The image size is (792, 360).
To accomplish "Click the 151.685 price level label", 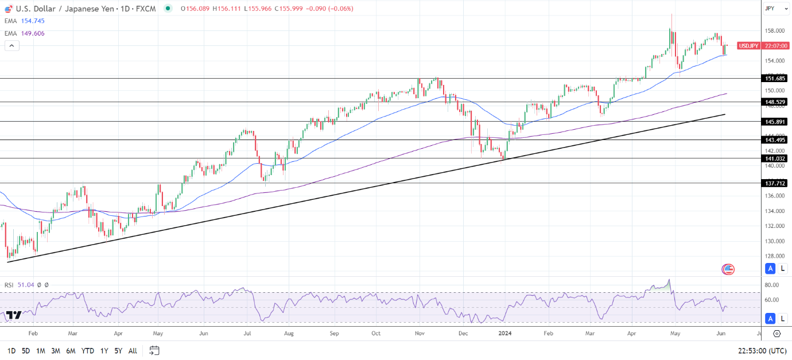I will click(x=775, y=78).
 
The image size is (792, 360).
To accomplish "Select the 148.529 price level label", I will click(x=775, y=102).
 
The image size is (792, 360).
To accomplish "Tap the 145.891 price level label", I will click(x=775, y=122).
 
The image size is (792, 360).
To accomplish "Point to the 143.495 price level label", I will click(x=775, y=140).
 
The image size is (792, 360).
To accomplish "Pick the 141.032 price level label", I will click(x=775, y=158).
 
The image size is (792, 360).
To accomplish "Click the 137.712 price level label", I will click(x=775, y=183).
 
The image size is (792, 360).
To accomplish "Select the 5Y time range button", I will click(x=118, y=351).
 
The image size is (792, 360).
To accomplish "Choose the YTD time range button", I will click(x=88, y=351).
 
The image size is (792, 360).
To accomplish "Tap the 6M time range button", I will click(x=71, y=351).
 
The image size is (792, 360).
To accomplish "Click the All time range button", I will click(x=133, y=351).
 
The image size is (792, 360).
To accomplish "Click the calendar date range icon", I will click(x=154, y=350).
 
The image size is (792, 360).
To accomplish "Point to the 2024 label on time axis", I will click(x=505, y=333).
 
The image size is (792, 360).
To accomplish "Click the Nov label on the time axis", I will click(x=420, y=333).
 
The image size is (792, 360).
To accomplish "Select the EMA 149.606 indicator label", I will click(x=25, y=33).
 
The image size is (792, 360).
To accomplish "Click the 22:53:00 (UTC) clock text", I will click(x=762, y=351).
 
